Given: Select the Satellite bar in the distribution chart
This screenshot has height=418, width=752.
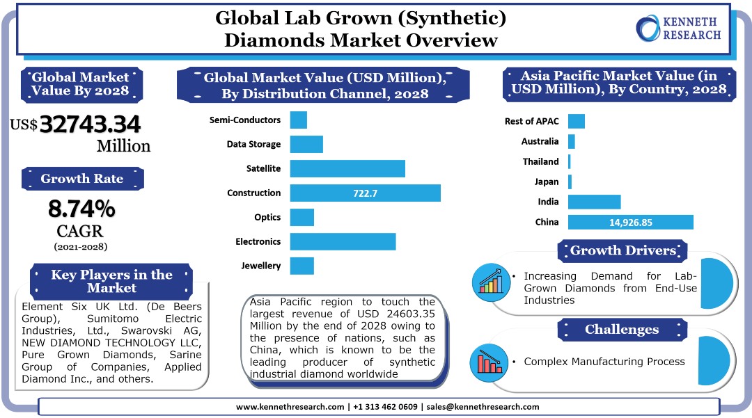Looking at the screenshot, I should tap(347, 168).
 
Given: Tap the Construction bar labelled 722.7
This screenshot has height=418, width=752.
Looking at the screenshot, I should tap(365, 193).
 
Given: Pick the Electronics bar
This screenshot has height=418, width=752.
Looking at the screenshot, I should tap(343, 241).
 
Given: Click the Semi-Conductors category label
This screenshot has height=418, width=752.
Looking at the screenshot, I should tap(245, 120).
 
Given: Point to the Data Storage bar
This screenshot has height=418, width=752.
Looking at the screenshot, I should tap(306, 144).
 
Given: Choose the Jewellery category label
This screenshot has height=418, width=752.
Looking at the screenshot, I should tap(261, 266).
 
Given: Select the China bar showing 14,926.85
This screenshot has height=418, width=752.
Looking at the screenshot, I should tap(630, 222).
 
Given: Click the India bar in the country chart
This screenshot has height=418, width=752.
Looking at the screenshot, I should tap(594, 202).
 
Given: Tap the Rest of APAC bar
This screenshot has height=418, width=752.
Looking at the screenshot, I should tap(577, 121).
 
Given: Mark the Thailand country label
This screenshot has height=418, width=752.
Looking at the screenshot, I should tap(541, 161).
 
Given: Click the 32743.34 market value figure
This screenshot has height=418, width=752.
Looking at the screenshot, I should tap(90, 124).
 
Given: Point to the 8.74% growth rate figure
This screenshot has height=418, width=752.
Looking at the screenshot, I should tap(81, 208).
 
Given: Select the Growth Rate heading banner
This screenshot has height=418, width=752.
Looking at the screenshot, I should tap(82, 179).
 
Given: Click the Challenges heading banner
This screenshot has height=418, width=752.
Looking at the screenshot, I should tap(621, 330).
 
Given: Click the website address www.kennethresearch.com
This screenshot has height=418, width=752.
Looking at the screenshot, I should tap(290, 407).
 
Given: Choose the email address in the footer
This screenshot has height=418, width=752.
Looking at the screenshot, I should tap(483, 407).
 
